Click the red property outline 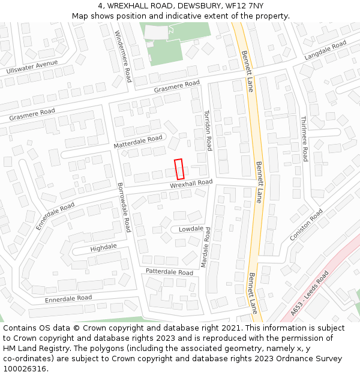[x=179, y=169]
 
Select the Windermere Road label [x=123, y=56]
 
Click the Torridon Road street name [x=208, y=130]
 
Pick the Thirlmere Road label [x=304, y=139]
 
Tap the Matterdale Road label [x=138, y=142]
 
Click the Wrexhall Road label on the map [x=191, y=184]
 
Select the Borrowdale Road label [x=124, y=208]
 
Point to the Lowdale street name [x=191, y=229]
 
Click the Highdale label [x=103, y=247]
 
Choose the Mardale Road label [x=206, y=248]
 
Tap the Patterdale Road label [x=169, y=272]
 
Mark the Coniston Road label [x=306, y=223]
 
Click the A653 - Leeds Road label [x=310, y=293]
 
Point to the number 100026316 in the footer [x=25, y=369]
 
